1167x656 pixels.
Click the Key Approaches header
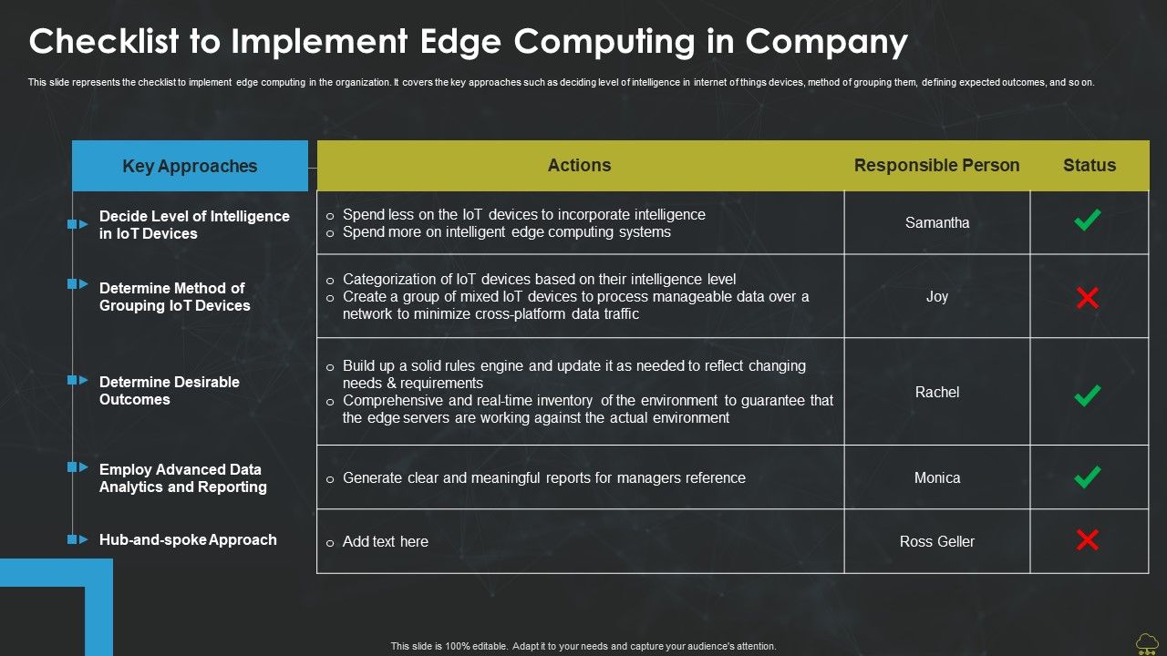(x=190, y=166)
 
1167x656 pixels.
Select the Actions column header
(x=579, y=165)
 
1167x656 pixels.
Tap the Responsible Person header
(x=936, y=165)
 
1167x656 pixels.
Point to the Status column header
(x=1090, y=165)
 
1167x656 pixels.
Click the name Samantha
(x=937, y=222)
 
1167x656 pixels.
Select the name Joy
(x=937, y=296)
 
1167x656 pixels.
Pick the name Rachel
(x=937, y=392)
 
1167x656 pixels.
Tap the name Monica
(x=937, y=477)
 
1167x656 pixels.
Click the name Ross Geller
(x=937, y=541)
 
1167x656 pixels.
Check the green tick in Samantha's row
(x=1087, y=220)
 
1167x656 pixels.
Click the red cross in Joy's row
(x=1087, y=298)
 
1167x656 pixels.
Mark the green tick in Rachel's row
(x=1087, y=395)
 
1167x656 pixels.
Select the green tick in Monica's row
(x=1087, y=477)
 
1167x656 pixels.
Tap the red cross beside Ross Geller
(x=1087, y=540)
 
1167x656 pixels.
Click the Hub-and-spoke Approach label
(x=188, y=539)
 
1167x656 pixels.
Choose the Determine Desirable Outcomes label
(x=170, y=391)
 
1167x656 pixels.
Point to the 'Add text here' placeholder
(x=385, y=541)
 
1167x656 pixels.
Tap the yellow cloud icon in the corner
(x=1147, y=643)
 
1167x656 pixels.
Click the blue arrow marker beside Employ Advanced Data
(x=77, y=466)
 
